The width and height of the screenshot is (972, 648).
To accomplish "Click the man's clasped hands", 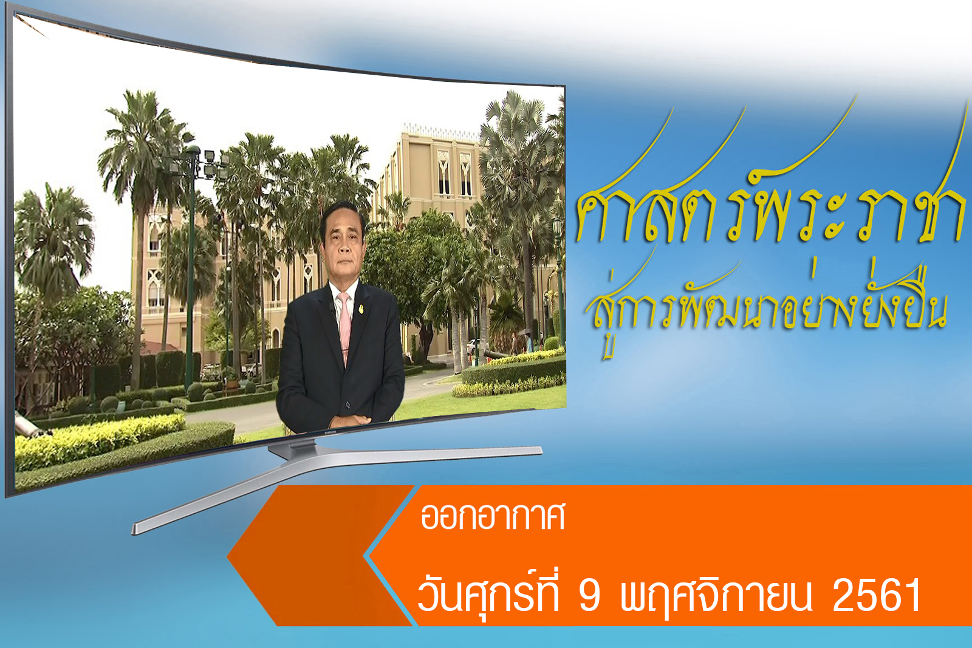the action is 350,420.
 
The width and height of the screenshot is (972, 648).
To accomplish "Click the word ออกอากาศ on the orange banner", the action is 493,517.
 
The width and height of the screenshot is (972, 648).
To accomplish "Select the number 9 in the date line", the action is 590,595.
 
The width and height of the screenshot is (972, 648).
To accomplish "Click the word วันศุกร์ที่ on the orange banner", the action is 488,593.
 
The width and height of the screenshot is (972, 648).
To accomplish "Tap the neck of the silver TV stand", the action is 292,448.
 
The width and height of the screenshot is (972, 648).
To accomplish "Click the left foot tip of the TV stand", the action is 134,530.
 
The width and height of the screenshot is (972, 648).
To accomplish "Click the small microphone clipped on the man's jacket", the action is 332,307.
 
